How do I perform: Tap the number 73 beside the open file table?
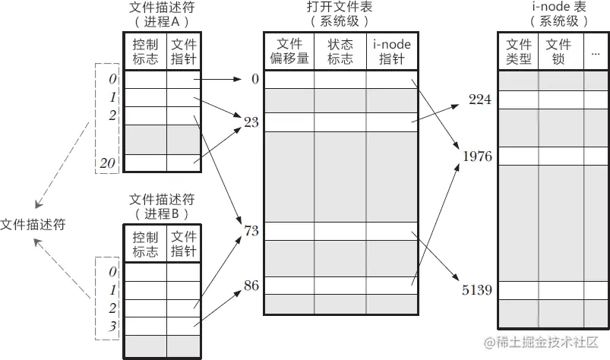(251, 229)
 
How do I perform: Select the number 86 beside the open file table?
(251, 286)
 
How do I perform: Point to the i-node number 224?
(480, 99)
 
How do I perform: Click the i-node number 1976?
(477, 156)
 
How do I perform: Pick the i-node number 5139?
(477, 289)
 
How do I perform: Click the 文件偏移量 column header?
(289, 51)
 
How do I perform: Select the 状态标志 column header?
(340, 51)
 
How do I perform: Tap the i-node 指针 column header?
(391, 51)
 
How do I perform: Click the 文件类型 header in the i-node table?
(519, 52)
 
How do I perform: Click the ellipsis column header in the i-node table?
(595, 52)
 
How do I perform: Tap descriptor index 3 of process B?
(112, 326)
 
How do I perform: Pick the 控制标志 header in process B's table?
(144, 244)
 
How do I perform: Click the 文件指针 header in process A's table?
(183, 51)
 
